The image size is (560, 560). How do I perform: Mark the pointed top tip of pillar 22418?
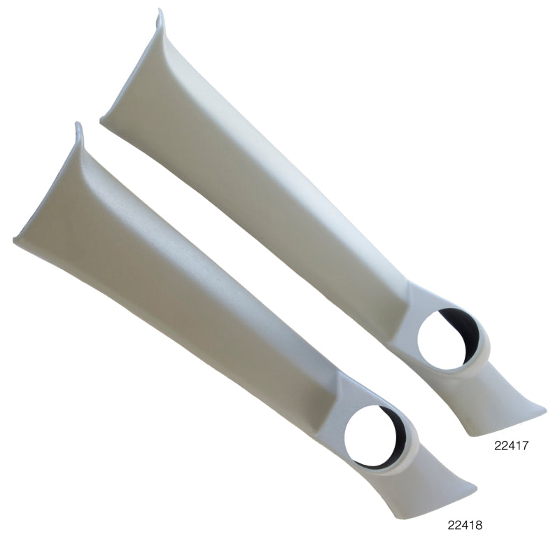pyautogui.click(x=77, y=125)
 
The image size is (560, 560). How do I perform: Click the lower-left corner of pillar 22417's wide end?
pyautogui.click(x=103, y=122)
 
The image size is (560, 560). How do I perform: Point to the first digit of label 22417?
pyautogui.click(x=498, y=443)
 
